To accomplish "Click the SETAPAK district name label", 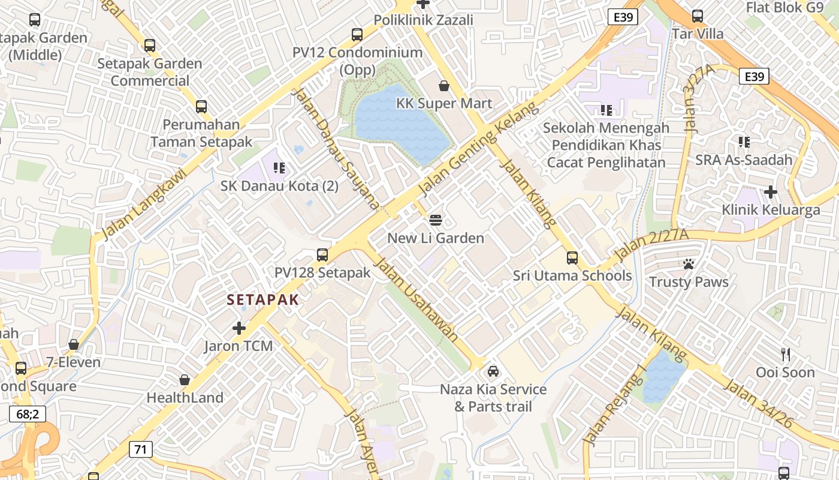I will (x=262, y=300).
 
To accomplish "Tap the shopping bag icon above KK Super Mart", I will (x=444, y=86).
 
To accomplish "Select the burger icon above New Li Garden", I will (x=436, y=220).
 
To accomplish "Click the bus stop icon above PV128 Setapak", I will (x=322, y=255).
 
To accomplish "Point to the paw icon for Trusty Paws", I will (x=689, y=264).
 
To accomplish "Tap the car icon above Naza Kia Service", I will (x=493, y=371).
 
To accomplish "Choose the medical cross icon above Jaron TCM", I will (x=239, y=328).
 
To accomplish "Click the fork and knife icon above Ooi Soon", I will (x=785, y=355).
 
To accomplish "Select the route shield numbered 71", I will (x=140, y=449).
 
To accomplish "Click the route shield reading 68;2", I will (x=28, y=414).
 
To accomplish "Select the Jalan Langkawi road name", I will (x=143, y=204).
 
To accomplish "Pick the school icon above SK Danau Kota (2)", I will (x=279, y=168).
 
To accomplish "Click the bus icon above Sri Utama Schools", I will (x=572, y=258).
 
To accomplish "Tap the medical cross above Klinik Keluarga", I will (x=771, y=192).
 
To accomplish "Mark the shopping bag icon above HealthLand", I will (x=185, y=380).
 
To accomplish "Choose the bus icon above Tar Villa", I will (x=697, y=16).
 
